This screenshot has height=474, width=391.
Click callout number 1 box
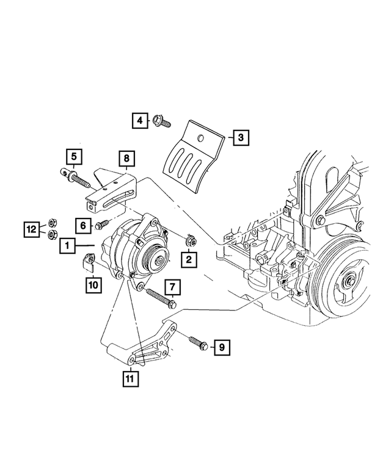tap(67, 246)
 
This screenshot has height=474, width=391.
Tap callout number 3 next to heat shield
tap(241, 138)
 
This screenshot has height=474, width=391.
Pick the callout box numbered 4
tap(139, 121)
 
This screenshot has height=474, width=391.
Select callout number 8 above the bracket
tap(126, 160)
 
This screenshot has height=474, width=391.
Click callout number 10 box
tap(92, 284)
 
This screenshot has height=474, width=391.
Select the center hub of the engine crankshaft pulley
tap(351, 281)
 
